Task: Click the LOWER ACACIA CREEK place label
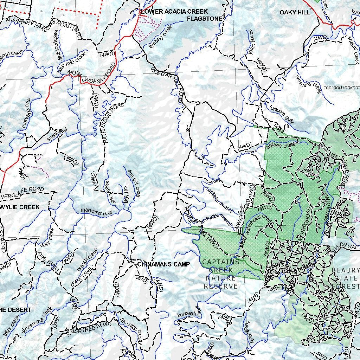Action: (174, 12)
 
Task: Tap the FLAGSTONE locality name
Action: (205, 18)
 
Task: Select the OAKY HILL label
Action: (295, 12)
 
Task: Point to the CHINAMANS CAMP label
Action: (163, 264)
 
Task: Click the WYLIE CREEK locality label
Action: (20, 207)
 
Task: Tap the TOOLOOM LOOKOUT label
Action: (342, 88)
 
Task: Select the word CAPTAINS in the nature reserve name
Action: (220, 262)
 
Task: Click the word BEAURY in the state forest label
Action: (345, 270)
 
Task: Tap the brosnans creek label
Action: (308, 84)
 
